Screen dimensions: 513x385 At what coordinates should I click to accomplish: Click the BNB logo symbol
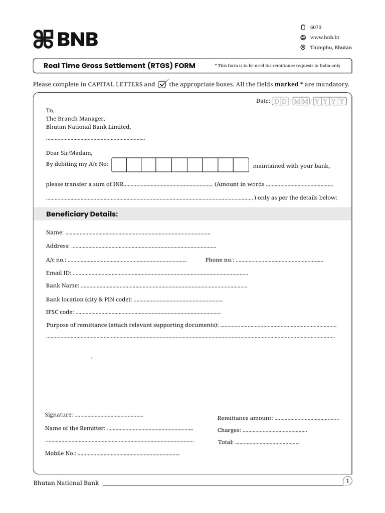(x=43, y=40)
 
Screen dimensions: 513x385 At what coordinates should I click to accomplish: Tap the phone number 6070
(x=316, y=27)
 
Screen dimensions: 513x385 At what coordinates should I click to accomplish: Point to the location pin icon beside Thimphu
(x=303, y=48)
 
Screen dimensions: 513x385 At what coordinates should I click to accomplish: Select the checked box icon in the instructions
(x=163, y=84)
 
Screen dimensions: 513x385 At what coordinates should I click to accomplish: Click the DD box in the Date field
(x=281, y=101)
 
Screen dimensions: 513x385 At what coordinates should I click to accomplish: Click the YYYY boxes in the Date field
(x=330, y=101)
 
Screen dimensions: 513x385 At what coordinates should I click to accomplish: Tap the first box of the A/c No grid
(x=118, y=165)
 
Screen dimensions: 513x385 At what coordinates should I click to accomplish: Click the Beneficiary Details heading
(x=82, y=214)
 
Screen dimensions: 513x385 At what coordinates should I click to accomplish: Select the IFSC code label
(x=60, y=312)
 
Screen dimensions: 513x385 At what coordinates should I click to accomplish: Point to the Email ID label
(x=58, y=273)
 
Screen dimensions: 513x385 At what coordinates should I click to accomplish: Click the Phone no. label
(x=220, y=260)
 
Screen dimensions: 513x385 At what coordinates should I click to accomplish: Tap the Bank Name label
(x=62, y=286)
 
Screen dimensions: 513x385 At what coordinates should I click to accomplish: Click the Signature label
(x=59, y=415)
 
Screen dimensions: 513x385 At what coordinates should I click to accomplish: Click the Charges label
(x=229, y=430)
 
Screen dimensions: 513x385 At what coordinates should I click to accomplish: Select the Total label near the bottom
(x=226, y=442)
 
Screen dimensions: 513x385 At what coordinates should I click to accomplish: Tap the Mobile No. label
(x=60, y=453)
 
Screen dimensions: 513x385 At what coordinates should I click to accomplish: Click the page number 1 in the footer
(x=347, y=481)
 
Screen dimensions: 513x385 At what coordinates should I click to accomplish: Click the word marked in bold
(x=286, y=84)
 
